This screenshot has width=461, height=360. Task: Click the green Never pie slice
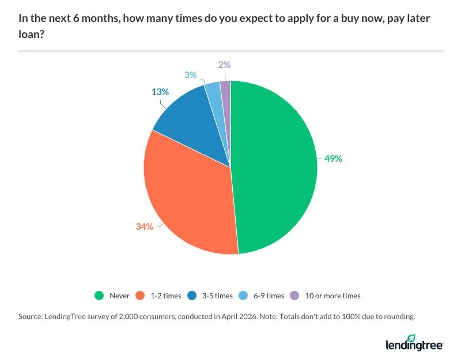(x=274, y=167)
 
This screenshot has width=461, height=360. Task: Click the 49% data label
(x=332, y=158)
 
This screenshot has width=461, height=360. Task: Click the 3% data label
(x=190, y=75)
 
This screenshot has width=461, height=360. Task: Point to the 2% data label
(x=223, y=67)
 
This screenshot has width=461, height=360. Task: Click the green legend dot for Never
(x=99, y=295)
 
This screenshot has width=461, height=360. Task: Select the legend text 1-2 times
(x=165, y=295)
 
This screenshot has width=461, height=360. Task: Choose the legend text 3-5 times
(x=217, y=295)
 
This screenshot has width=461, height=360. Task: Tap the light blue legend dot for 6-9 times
(x=243, y=295)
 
